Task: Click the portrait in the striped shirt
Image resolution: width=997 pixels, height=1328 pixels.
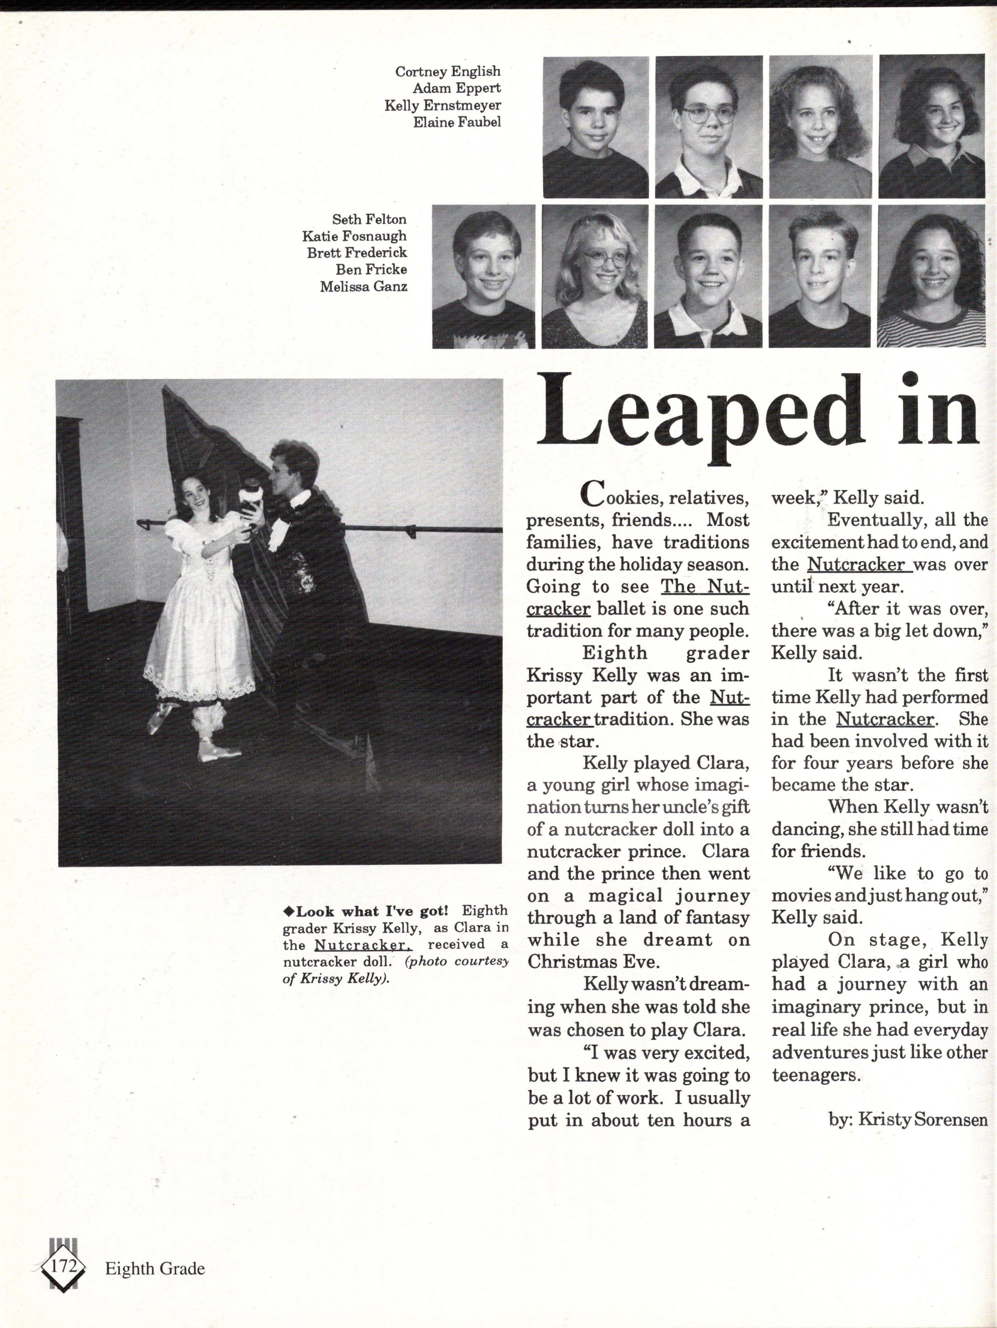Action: (x=931, y=276)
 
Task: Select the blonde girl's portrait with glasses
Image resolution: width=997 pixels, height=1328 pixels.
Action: (x=594, y=276)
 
